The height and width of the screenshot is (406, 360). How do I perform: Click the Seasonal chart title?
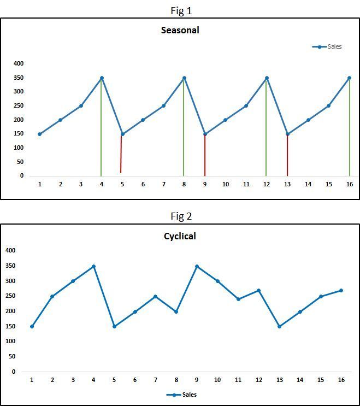(180, 31)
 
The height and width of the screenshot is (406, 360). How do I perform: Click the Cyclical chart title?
(180, 237)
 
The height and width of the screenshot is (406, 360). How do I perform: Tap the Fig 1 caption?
(181, 10)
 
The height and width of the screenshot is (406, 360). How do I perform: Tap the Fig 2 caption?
(181, 216)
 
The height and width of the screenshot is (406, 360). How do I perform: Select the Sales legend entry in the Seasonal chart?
(327, 47)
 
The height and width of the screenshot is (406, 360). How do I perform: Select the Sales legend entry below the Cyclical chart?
(181, 395)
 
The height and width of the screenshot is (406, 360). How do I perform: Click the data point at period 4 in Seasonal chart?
(102, 78)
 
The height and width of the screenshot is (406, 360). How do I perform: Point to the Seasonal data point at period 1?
(39, 134)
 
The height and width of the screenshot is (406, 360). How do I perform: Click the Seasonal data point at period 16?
(349, 78)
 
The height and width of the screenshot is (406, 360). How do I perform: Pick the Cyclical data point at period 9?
(197, 267)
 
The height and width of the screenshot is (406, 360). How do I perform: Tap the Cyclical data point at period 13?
(279, 326)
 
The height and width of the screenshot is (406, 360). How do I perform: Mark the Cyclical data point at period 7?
(155, 297)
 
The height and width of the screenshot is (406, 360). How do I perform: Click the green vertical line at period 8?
(184, 131)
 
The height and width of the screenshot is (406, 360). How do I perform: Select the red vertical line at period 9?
(205, 156)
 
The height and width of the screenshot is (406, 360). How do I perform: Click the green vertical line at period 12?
(266, 131)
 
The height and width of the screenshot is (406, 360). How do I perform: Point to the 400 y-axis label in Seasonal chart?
(19, 64)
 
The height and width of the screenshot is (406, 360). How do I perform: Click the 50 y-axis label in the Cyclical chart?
(11, 356)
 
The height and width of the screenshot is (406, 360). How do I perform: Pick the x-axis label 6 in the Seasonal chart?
(143, 185)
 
